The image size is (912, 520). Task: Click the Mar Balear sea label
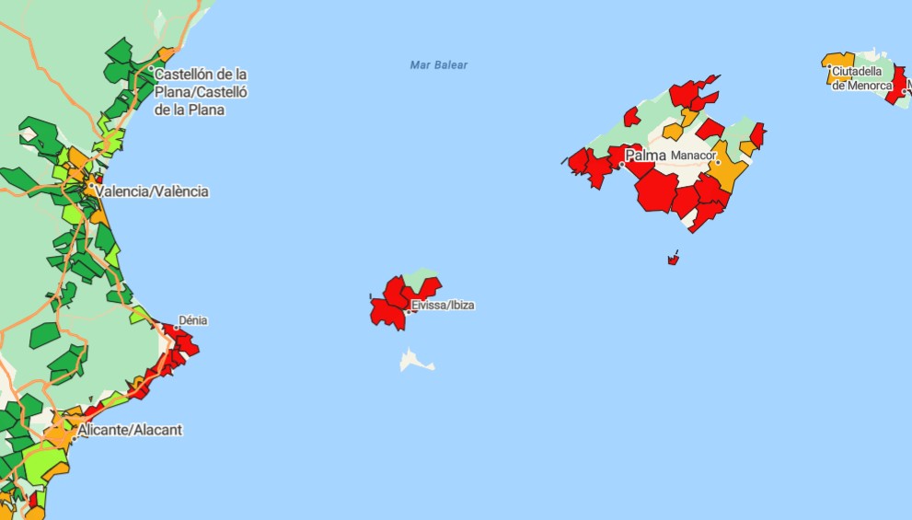tap(439, 65)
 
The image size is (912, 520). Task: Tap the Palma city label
tap(646, 156)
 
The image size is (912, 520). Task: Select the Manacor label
tap(692, 156)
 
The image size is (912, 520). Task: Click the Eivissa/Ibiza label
tap(444, 305)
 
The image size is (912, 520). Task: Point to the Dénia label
tap(193, 320)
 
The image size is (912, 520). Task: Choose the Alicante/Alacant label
tap(130, 430)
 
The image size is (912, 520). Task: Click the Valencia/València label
tap(152, 191)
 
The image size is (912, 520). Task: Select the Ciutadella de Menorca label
tap(861, 78)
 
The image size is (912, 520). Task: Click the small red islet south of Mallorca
tap(673, 260)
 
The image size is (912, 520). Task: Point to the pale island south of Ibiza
tap(415, 360)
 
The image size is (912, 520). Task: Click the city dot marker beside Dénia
tap(176, 327)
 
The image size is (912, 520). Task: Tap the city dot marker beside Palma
tap(621, 165)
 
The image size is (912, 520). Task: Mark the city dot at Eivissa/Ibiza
tap(408, 311)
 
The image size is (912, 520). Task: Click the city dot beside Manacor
tap(718, 163)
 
